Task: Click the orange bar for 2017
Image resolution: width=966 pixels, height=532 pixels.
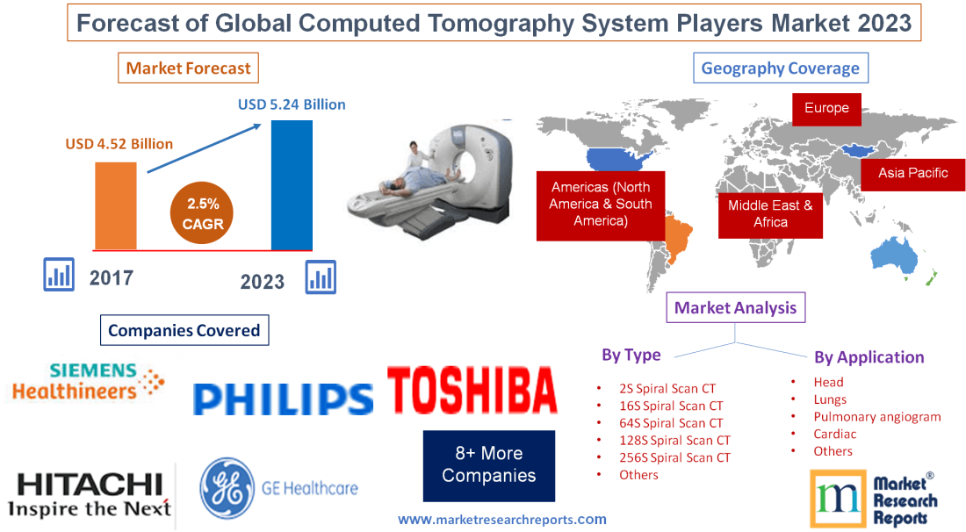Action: pyautogui.click(x=115, y=205)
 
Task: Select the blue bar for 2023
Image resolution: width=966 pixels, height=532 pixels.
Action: pyautogui.click(x=292, y=185)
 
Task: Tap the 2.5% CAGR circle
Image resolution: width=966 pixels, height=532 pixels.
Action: pyautogui.click(x=203, y=213)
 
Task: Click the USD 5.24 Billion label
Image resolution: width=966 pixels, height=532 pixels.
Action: pyautogui.click(x=292, y=104)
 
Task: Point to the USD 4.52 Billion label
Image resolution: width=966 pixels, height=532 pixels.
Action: pyautogui.click(x=119, y=143)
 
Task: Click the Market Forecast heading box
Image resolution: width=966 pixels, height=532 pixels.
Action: pyautogui.click(x=188, y=68)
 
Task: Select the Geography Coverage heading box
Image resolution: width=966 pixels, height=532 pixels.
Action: pyautogui.click(x=780, y=68)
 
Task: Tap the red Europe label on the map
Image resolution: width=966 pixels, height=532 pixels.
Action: pyautogui.click(x=826, y=108)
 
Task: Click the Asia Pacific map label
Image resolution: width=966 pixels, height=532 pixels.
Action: pyautogui.click(x=912, y=173)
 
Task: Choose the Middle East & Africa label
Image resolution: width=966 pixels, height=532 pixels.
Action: pyautogui.click(x=770, y=213)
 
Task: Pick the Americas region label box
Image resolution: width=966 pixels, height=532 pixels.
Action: pyautogui.click(x=601, y=205)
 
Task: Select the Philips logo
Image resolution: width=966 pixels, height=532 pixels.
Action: pyautogui.click(x=283, y=399)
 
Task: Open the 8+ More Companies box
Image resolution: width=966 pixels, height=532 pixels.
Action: pyautogui.click(x=488, y=465)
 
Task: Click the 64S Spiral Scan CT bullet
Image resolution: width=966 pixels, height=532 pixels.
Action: pyautogui.click(x=671, y=423)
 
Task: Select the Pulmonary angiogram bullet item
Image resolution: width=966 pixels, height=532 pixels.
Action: pyautogui.click(x=876, y=417)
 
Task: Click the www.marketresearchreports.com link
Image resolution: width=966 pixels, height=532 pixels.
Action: pyautogui.click(x=501, y=520)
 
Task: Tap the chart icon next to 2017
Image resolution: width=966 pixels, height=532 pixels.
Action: pyautogui.click(x=59, y=274)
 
